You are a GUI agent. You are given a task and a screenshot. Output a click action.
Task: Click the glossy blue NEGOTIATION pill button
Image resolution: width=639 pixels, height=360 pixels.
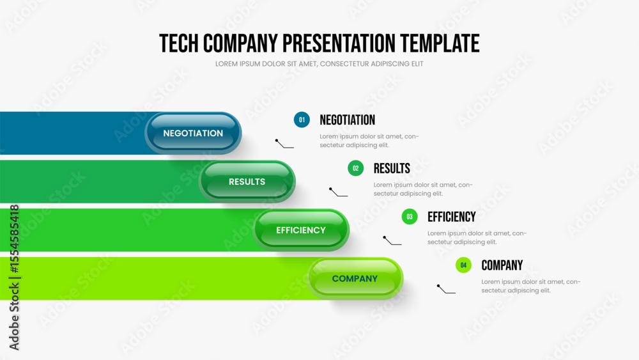[x=193, y=133]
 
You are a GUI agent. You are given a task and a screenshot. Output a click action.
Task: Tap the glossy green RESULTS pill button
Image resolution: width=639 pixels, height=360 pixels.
[x=247, y=182]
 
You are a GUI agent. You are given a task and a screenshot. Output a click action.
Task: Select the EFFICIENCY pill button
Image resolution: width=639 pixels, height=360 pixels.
[x=301, y=230]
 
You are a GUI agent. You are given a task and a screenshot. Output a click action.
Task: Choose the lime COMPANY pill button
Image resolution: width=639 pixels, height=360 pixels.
[x=355, y=278]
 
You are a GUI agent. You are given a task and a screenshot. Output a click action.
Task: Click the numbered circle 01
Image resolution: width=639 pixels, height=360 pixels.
[x=302, y=120]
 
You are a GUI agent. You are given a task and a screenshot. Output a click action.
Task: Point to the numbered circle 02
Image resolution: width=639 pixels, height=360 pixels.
[x=356, y=168]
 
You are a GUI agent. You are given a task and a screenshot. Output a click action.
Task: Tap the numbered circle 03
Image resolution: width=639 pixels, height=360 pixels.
[x=410, y=217]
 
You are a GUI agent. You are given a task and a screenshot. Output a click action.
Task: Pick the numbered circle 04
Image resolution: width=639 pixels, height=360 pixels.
[x=463, y=265]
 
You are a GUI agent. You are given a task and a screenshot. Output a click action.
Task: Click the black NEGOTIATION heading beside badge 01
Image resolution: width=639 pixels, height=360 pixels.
[x=347, y=120]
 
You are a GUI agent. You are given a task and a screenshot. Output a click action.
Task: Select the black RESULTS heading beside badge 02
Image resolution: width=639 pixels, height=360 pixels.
[x=392, y=168]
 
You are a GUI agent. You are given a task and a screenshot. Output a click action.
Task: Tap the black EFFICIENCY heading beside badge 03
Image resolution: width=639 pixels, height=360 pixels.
[x=452, y=217]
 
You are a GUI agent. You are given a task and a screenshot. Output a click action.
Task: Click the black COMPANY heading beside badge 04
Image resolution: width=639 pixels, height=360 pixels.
[x=502, y=265]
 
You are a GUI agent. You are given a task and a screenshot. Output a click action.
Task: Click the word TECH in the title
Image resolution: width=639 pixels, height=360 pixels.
[x=179, y=43]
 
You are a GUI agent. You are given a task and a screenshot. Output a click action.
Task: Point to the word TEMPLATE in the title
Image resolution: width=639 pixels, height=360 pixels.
[x=440, y=43]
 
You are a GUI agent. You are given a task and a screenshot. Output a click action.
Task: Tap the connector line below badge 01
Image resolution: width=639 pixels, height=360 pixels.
[x=284, y=143]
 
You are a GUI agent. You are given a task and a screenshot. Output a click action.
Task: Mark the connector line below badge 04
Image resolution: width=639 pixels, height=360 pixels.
[x=446, y=288]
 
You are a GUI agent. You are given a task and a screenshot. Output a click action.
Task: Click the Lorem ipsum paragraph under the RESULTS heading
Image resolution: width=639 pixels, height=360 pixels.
[x=423, y=189]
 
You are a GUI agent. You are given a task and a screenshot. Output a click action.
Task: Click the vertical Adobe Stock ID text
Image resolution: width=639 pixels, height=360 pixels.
[x=14, y=278]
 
